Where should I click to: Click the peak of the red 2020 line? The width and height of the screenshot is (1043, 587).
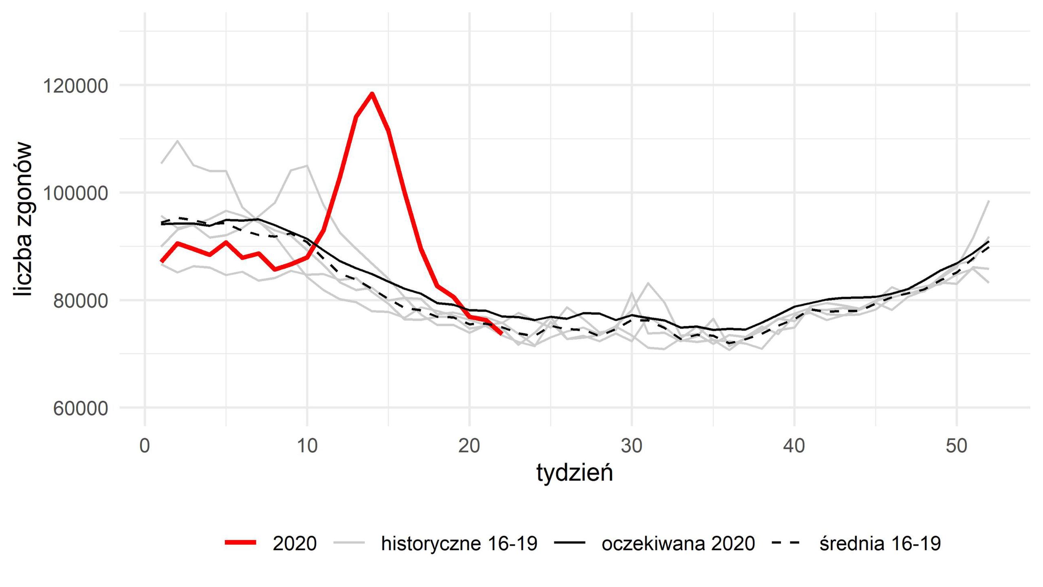pyautogui.click(x=372, y=94)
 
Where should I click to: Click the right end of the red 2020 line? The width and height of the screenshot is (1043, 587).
pyautogui.click(x=501, y=333)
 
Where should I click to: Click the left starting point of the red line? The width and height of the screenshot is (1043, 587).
pyautogui.click(x=162, y=261)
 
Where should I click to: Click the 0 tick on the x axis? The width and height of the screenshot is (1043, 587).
pyautogui.click(x=144, y=446)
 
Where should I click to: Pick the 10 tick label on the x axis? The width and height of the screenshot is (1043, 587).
pyautogui.click(x=307, y=446)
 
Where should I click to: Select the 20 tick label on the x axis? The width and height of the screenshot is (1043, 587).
pyautogui.click(x=469, y=446)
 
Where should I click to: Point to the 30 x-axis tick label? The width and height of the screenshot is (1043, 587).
pyautogui.click(x=632, y=446)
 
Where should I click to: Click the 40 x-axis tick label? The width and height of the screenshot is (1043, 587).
pyautogui.click(x=794, y=446)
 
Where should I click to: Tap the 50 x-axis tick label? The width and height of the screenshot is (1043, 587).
pyautogui.click(x=956, y=446)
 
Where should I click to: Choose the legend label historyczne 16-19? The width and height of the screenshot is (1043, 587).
pyautogui.click(x=459, y=543)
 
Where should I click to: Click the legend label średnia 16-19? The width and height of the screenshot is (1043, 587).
pyautogui.click(x=880, y=543)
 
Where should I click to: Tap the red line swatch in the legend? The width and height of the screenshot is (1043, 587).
pyautogui.click(x=241, y=543)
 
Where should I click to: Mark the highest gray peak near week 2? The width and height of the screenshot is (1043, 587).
pyautogui.click(x=178, y=141)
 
